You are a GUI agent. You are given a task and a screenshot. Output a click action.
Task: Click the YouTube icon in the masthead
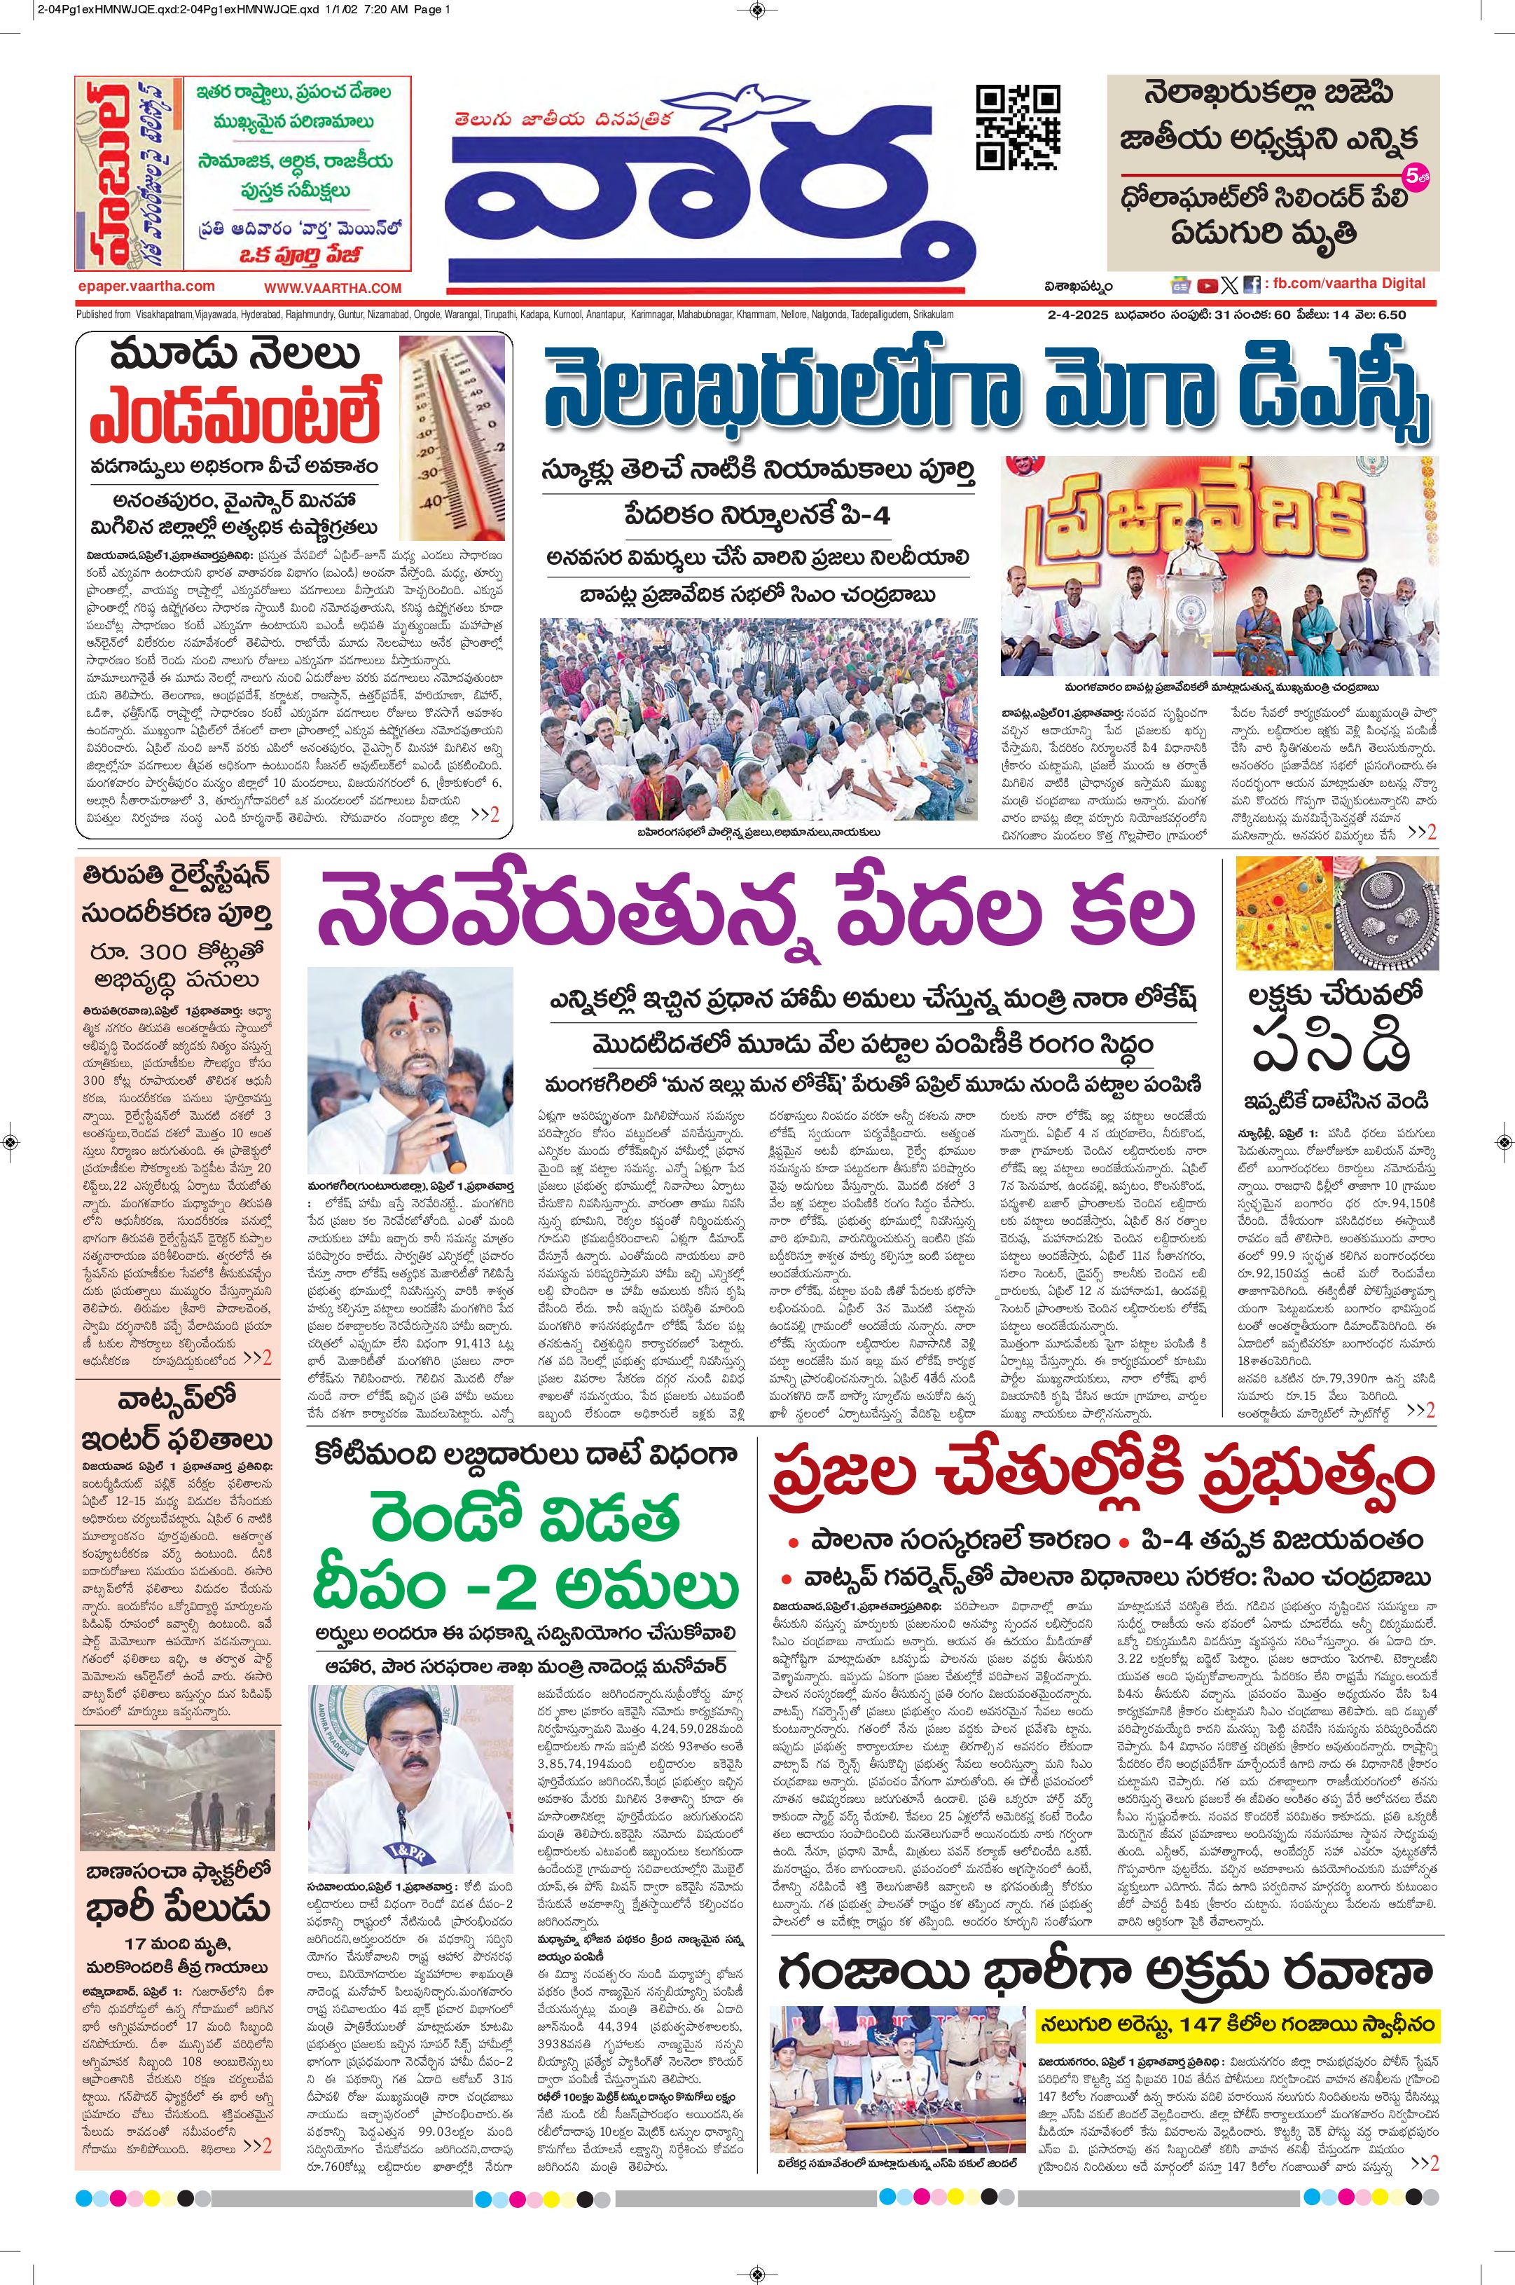(x=1207, y=285)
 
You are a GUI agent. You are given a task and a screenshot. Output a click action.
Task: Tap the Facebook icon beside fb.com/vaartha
(x=1251, y=285)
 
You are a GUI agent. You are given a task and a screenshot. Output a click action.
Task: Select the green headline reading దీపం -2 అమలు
(x=527, y=1588)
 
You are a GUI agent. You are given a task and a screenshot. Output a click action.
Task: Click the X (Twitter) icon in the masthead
(x=1229, y=285)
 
